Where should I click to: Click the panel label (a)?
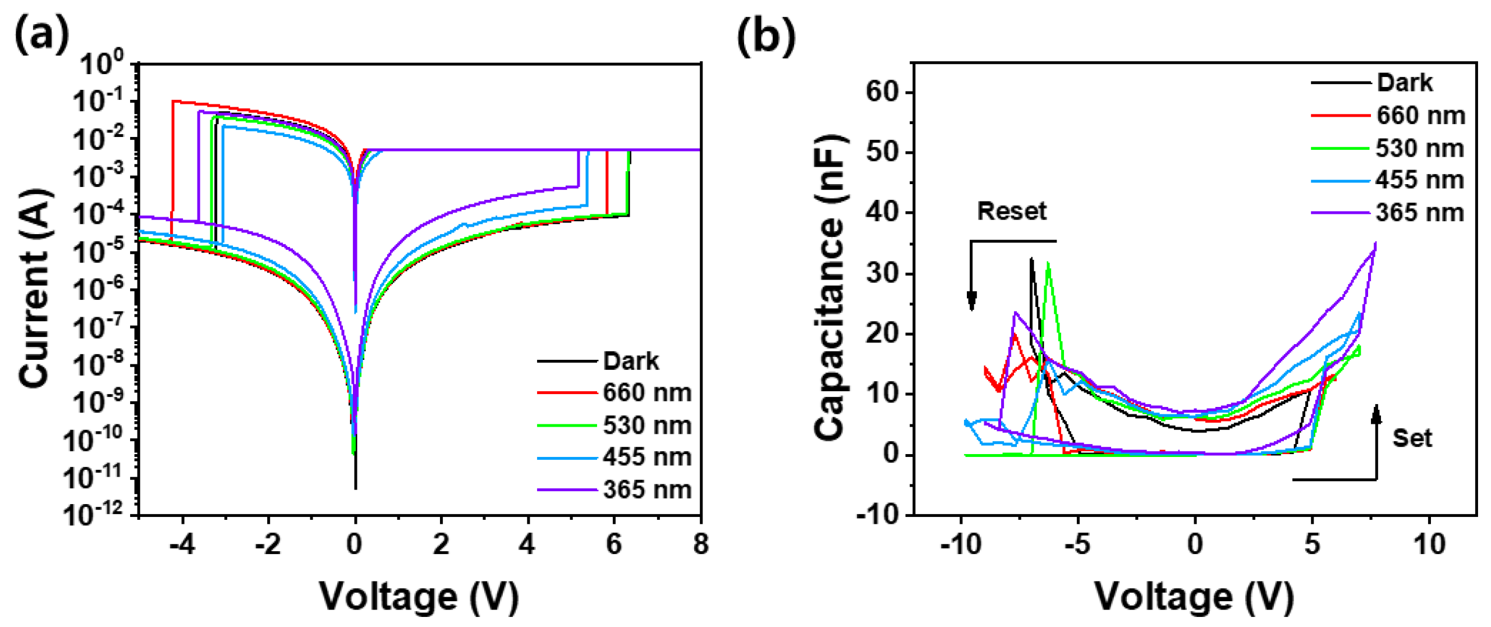click(41, 35)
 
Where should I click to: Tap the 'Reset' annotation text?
click(1012, 211)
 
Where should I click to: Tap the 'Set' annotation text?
click(1412, 438)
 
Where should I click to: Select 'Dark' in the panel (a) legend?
click(630, 361)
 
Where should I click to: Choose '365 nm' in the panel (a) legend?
click(646, 490)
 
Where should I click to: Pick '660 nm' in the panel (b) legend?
click(1420, 116)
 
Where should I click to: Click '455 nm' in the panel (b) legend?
click(1419, 180)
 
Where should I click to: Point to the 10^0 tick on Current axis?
click(102, 64)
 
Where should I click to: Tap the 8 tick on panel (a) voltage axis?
click(700, 544)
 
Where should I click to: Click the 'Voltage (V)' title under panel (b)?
click(1194, 596)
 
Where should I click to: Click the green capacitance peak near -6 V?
click(1048, 264)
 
